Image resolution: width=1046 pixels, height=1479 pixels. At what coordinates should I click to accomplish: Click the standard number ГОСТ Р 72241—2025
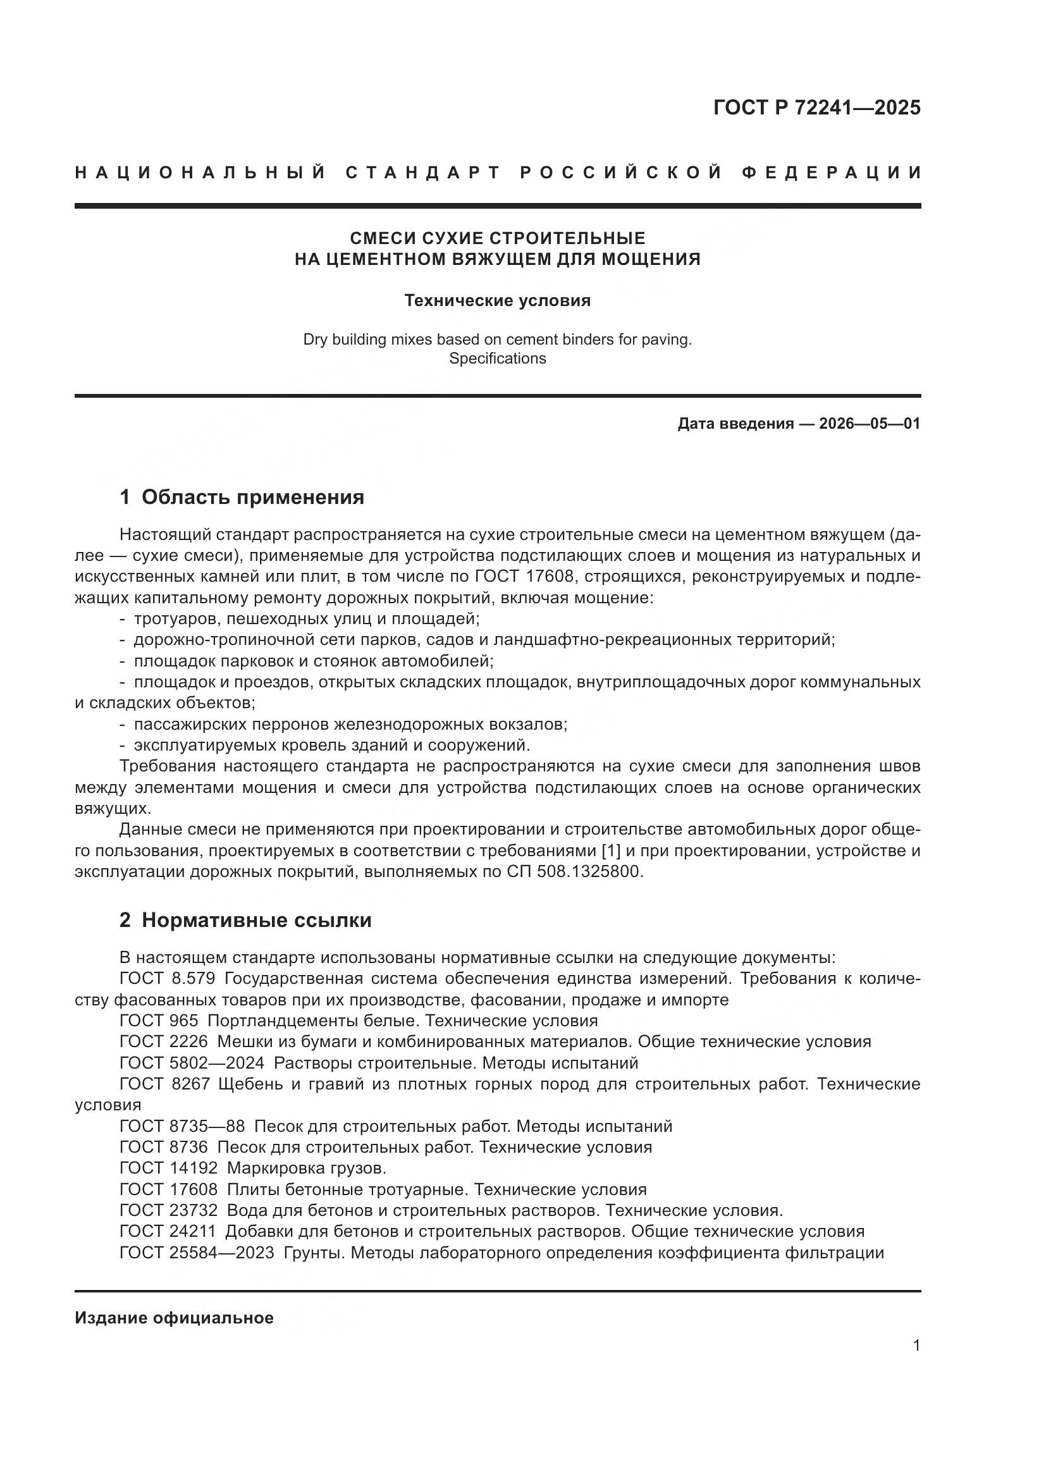[x=816, y=107]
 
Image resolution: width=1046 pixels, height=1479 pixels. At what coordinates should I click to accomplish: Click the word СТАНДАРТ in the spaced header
[x=423, y=173]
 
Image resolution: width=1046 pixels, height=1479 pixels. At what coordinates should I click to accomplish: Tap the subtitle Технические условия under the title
[x=497, y=300]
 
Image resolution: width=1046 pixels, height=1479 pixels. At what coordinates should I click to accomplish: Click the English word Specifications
[x=497, y=358]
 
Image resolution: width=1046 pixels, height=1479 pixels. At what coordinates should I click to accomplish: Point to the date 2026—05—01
[x=870, y=424]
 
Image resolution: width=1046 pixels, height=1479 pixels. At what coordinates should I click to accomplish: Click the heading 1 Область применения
[x=242, y=497]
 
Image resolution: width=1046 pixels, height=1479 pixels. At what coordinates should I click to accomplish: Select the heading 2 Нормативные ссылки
[x=245, y=920]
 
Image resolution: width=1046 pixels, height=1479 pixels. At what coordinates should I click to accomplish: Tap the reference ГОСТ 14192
[x=168, y=1169]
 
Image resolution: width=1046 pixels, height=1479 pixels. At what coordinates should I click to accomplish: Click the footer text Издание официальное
[x=174, y=1318]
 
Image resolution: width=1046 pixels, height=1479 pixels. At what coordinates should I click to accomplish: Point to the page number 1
[x=916, y=1346]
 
